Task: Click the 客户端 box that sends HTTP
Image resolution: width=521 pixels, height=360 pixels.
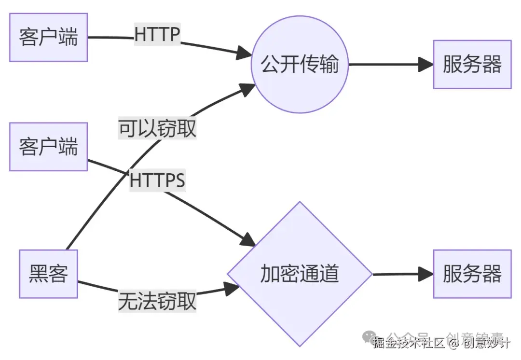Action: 48,37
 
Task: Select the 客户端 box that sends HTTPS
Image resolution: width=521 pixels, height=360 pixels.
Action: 48,146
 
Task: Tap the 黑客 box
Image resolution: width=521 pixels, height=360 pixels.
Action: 48,274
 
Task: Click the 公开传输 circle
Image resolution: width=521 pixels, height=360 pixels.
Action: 300,65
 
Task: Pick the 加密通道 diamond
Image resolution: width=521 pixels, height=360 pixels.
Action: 300,274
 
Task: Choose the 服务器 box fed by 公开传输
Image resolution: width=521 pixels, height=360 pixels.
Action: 472,65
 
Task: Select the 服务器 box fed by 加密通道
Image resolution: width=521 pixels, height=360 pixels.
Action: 472,274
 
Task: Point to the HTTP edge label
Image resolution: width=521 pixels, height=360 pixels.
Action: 157,35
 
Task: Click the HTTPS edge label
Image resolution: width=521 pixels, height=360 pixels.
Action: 157,181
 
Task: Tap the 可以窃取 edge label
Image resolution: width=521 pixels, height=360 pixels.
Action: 157,129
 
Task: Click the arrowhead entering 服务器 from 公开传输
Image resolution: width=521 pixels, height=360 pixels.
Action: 426,65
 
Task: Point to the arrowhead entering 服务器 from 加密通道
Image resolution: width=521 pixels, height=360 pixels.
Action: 426,274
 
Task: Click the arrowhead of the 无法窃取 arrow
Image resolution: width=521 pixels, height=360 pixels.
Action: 233,289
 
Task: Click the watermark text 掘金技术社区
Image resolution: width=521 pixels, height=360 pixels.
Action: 408,343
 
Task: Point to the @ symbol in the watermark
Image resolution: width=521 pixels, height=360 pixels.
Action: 453,343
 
